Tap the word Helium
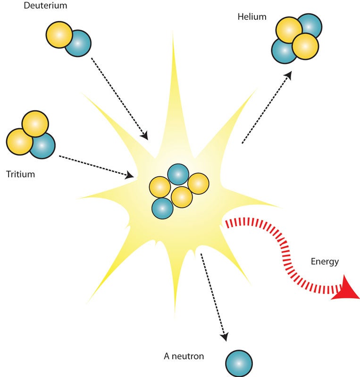pyautogui.click(x=252, y=17)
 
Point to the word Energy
pyautogui.click(x=325, y=262)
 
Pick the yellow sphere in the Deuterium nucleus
pyautogui.click(x=59, y=34)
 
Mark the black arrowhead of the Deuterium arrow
pyautogui.click(x=144, y=136)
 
